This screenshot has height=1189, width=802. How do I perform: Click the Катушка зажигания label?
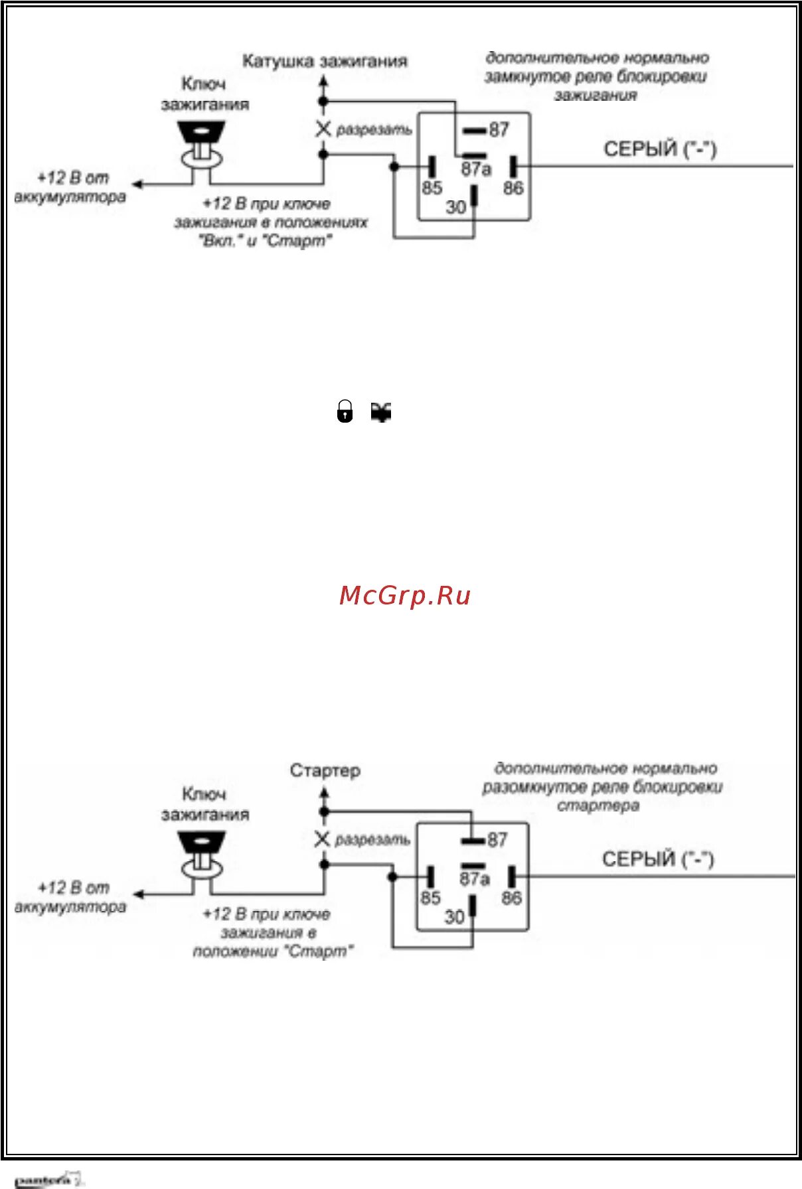coord(325,62)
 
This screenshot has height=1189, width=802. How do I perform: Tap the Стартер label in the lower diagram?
coord(325,771)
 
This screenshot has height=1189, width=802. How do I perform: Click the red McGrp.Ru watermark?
coord(404,595)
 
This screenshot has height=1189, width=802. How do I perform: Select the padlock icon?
coord(345,411)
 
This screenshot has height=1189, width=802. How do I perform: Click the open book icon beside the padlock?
coord(381,412)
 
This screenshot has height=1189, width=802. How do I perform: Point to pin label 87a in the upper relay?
coord(476,169)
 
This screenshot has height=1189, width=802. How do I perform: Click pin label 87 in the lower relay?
coord(497,840)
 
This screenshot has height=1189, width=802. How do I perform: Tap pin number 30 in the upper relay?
coord(455,207)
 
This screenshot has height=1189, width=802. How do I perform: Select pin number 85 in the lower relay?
coord(430,898)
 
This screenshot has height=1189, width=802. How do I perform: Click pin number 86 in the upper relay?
coord(513,188)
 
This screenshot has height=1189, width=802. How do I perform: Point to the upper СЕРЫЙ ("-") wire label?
coord(660,149)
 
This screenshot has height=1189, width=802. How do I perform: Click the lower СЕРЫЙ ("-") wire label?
coord(658,859)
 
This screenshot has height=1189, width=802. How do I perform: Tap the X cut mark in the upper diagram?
coord(323,129)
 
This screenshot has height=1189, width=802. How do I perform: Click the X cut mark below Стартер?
coord(322,839)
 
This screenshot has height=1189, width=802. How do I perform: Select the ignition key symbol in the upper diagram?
coord(202,146)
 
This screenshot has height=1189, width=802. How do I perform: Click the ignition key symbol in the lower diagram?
coord(202,856)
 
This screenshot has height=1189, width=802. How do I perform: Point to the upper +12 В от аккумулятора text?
coord(71,188)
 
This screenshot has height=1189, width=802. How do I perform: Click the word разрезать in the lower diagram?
coord(372,840)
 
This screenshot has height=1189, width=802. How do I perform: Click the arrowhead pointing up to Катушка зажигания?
coord(323,82)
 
